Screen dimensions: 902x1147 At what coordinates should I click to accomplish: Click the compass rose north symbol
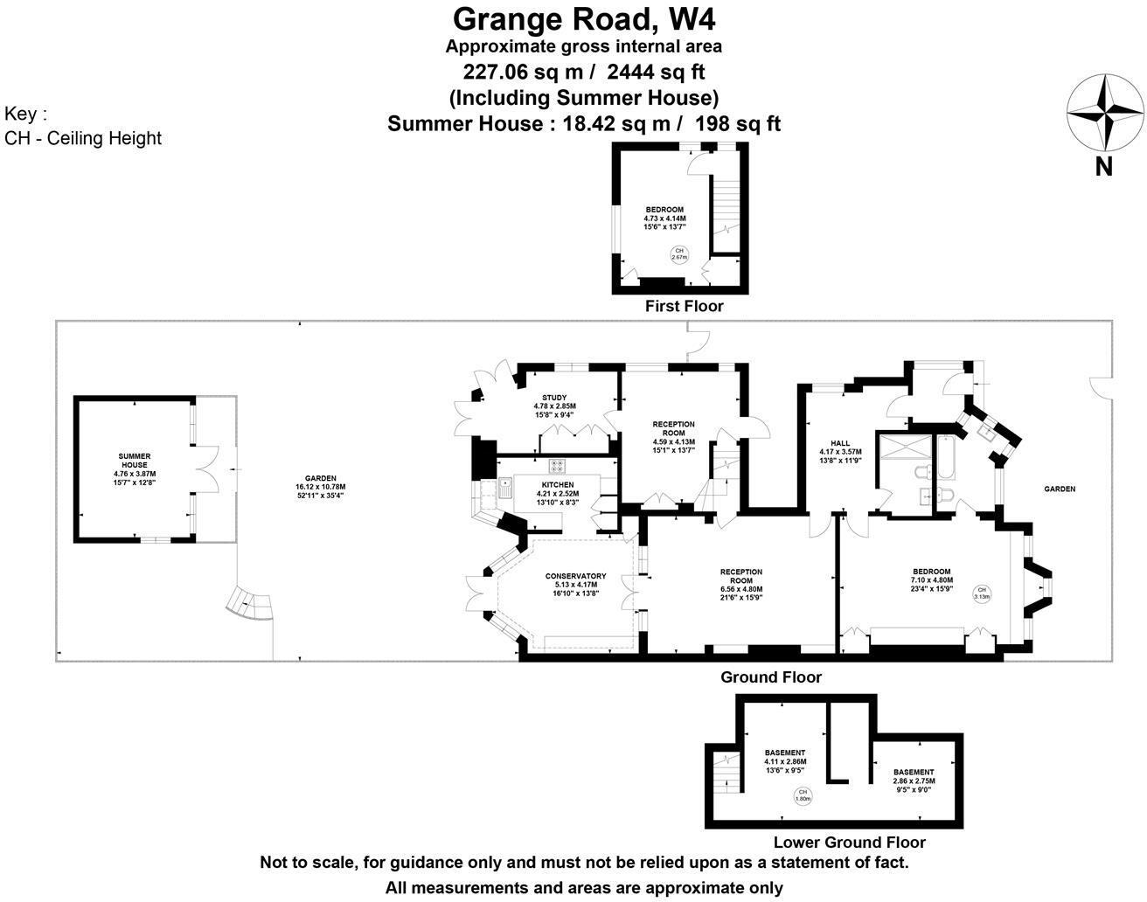(1104, 114)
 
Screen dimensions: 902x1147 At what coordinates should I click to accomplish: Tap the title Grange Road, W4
(584, 17)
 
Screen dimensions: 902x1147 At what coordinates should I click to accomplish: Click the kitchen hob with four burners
(558, 467)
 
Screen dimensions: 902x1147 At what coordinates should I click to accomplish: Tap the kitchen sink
(504, 486)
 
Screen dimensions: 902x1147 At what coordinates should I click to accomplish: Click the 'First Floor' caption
(684, 306)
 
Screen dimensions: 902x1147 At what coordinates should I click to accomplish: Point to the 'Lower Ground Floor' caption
(849, 843)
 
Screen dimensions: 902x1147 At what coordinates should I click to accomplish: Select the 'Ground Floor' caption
(770, 677)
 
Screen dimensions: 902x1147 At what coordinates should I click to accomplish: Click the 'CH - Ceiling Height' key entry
(83, 138)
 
